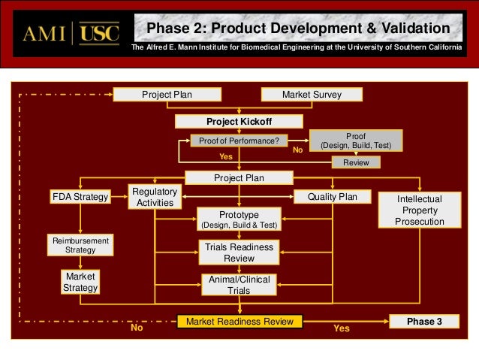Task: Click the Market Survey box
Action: click(312, 95)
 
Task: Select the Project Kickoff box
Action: click(239, 121)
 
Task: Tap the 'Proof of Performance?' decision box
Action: click(239, 141)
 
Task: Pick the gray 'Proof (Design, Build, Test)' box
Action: click(356, 140)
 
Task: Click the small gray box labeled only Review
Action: click(356, 162)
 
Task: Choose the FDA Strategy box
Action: click(80, 197)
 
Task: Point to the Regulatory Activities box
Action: click(155, 198)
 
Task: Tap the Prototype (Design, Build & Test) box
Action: click(239, 219)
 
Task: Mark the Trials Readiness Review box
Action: click(239, 253)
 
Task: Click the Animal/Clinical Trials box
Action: click(239, 286)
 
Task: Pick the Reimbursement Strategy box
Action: click(80, 245)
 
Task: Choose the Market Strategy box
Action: click(80, 282)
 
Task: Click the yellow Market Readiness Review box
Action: click(239, 322)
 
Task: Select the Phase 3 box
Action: click(424, 322)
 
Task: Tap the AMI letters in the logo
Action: click(44, 35)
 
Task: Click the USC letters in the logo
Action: click(98, 35)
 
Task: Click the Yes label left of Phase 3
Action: click(341, 328)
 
